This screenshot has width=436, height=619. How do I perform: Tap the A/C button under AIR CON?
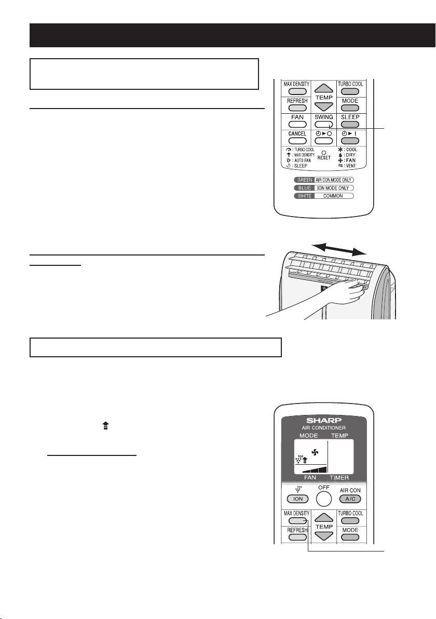350,499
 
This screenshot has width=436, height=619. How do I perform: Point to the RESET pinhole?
324,152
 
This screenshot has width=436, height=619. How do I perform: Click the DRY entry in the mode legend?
347,155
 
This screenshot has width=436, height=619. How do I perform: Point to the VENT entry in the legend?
347,166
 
